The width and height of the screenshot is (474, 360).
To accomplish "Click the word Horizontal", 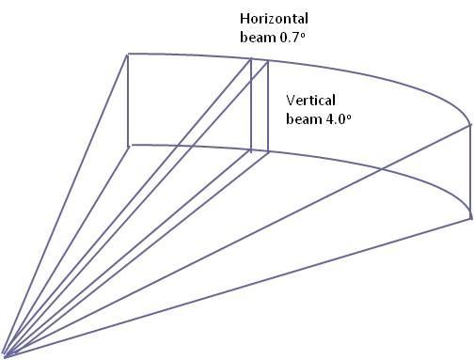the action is click(x=274, y=19).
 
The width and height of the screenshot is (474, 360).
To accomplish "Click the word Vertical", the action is click(x=310, y=101).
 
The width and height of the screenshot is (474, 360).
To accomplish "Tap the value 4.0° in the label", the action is click(x=339, y=119).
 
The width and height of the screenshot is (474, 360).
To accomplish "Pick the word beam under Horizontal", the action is click(x=258, y=37).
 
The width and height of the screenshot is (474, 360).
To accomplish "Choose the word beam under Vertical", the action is click(x=304, y=119).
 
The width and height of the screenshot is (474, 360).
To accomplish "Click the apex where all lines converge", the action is click(x=6, y=355).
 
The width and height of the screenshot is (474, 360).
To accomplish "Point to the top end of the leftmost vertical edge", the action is click(x=128, y=55).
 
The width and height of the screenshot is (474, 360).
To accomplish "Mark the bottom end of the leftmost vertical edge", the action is click(x=128, y=146).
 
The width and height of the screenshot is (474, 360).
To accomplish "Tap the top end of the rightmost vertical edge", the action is click(x=470, y=125).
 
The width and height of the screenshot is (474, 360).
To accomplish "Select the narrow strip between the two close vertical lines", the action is click(x=260, y=105).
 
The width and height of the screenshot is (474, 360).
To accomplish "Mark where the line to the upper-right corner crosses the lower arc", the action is click(x=381, y=169).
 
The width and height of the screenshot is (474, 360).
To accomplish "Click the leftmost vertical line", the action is click(x=128, y=101).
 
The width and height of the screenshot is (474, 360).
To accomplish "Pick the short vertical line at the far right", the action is click(x=470, y=171).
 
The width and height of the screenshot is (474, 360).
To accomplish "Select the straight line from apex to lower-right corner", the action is click(x=238, y=287).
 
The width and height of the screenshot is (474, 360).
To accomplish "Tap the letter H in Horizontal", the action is click(x=245, y=19).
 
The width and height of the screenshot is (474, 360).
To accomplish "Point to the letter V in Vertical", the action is click(x=291, y=101).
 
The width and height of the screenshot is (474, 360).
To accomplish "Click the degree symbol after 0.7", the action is click(x=303, y=35).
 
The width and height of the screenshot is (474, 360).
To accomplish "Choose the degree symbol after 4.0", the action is click(x=349, y=117).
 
